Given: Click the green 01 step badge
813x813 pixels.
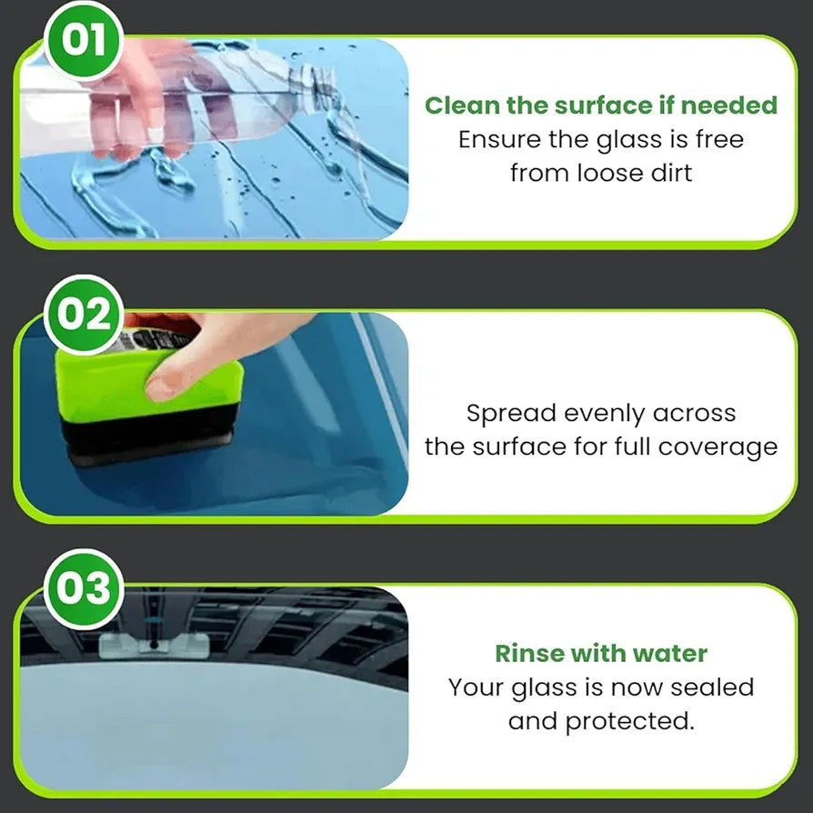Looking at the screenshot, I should (83, 41).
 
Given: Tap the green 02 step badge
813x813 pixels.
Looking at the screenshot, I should (83, 315).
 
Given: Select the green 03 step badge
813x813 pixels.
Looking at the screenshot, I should (83, 587).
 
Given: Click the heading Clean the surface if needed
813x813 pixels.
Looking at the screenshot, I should (601, 105).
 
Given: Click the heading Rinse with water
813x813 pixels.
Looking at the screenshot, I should (601, 653).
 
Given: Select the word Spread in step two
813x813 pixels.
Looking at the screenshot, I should (511, 413).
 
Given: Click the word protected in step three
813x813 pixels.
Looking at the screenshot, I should (628, 721).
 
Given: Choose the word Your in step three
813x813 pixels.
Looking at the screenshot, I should (477, 688).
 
